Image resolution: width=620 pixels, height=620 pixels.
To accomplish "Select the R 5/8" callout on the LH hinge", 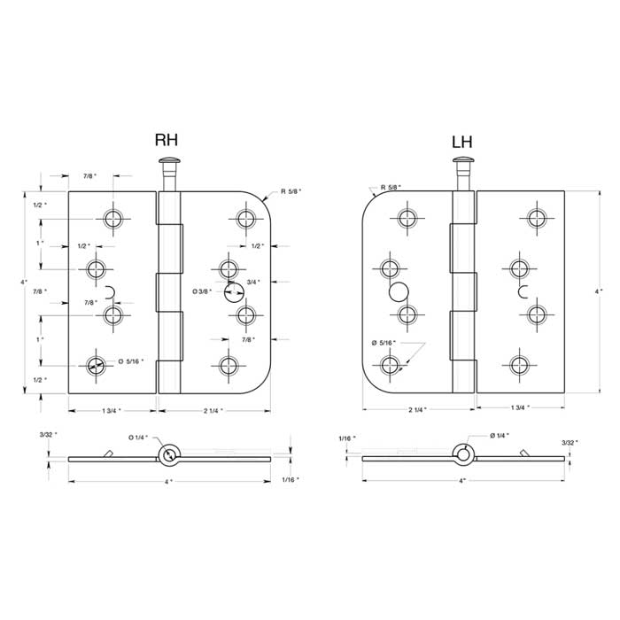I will [391, 188].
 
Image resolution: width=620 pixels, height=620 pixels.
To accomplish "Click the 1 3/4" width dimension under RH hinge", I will [111, 411].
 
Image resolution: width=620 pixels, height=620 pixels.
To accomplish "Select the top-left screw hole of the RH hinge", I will [113, 219].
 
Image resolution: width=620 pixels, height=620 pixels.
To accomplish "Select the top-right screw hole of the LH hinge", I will [535, 219].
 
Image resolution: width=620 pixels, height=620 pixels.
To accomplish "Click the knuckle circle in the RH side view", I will [167, 455].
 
